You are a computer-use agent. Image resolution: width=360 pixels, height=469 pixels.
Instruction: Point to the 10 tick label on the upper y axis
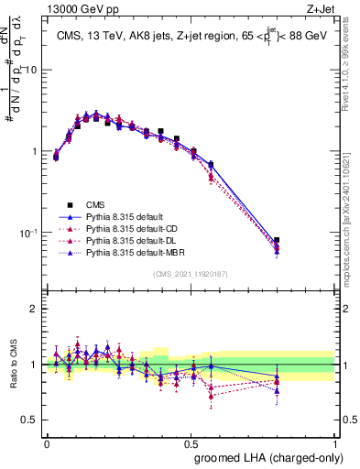(30, 71)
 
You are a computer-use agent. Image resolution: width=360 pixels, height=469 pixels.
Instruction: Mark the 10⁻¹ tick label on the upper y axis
(27, 233)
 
